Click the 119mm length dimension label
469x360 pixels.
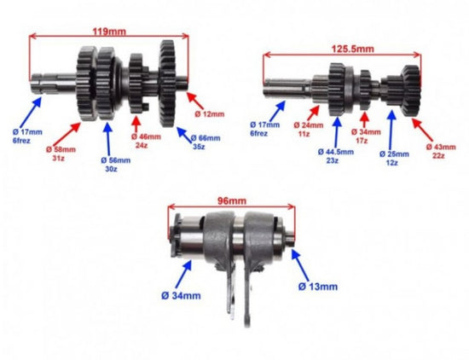[x=109, y=32]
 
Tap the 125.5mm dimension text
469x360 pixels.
[x=353, y=49]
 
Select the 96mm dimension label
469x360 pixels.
[x=231, y=200]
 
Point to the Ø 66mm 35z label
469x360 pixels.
[x=206, y=142]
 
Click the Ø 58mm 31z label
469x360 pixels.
[x=61, y=154]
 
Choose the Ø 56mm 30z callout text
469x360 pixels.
[x=115, y=165]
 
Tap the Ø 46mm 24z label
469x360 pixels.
[x=146, y=142]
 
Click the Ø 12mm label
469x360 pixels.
[x=210, y=114]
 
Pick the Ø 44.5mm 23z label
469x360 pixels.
[x=336, y=156]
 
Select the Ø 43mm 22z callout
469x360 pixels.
[x=441, y=151]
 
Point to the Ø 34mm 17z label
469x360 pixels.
[x=366, y=136]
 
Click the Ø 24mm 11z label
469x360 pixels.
[x=309, y=130]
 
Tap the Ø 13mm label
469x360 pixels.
[x=318, y=287]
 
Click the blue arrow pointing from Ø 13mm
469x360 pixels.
[x=300, y=264]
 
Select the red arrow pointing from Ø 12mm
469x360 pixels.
[x=195, y=101]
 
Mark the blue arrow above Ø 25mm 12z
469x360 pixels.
[x=391, y=130]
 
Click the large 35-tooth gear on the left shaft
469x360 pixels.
[x=167, y=84]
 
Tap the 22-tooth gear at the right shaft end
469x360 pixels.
[x=411, y=91]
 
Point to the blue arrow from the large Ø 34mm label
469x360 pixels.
[x=182, y=275]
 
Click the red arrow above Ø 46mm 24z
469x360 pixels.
[x=136, y=124]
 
